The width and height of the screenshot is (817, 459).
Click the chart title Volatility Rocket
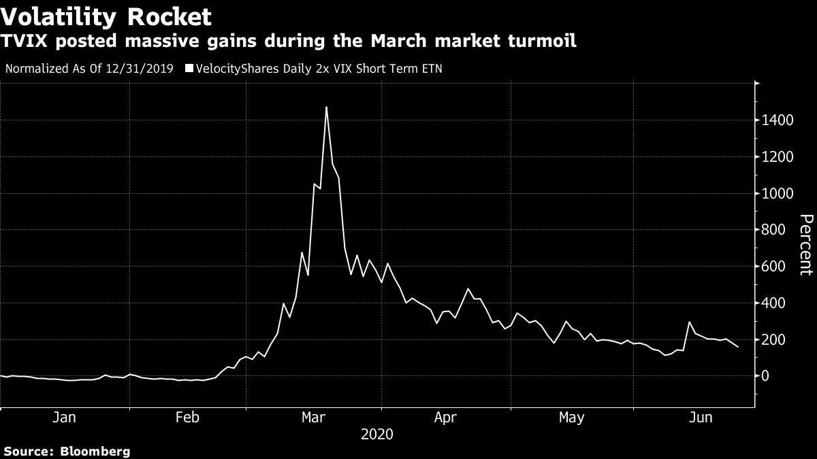[x=106, y=16]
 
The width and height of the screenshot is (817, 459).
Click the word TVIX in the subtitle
[x=24, y=41]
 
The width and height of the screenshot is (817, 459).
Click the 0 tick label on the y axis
[x=767, y=376]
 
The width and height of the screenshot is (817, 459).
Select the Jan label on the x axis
[x=64, y=418]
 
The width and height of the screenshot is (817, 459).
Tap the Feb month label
[x=187, y=418]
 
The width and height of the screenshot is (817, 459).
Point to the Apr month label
[x=445, y=418]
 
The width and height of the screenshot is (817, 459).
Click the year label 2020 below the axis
[x=377, y=434]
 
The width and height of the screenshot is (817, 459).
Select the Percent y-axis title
[x=805, y=244]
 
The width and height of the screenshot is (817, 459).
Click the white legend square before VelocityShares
[x=189, y=69]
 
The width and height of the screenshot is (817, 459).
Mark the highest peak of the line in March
[x=326, y=107]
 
